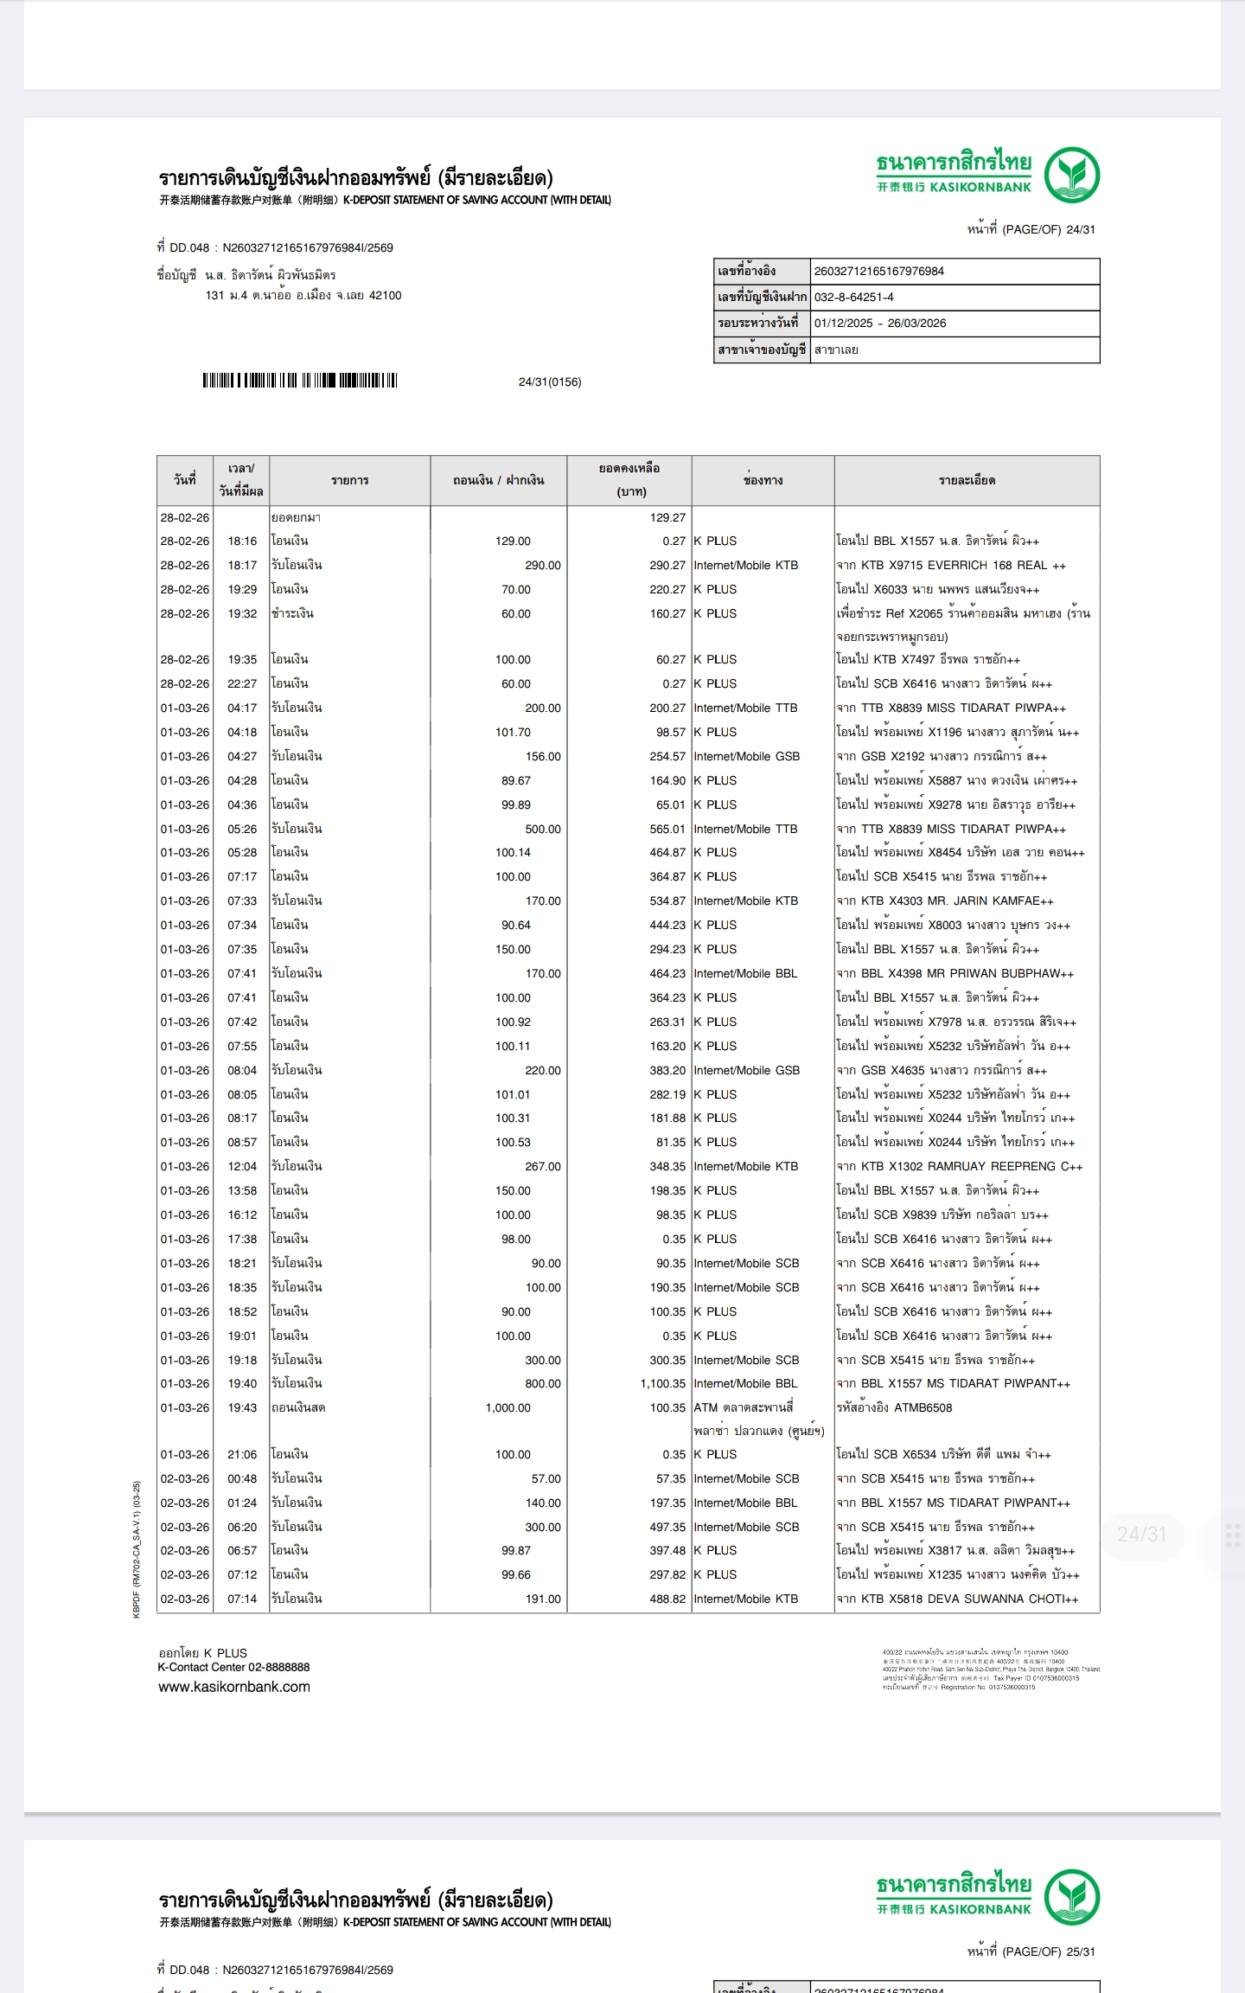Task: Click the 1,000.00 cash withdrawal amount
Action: [508, 1407]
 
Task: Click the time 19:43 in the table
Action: [242, 1407]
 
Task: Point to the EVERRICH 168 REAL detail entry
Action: [950, 565]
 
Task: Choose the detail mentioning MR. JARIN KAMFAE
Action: [944, 900]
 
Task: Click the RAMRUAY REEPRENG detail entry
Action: [959, 1166]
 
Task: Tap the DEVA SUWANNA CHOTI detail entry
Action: [956, 1599]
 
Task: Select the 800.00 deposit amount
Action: [542, 1383]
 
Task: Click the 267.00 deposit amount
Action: [542, 1166]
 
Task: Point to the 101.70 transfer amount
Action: [513, 732]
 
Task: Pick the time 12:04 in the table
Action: [242, 1166]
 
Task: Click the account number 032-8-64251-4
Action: [853, 297]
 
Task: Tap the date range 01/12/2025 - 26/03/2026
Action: [879, 323]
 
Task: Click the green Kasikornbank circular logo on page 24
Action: [1071, 175]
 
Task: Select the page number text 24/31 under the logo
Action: [1080, 229]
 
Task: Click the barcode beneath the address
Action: [299, 381]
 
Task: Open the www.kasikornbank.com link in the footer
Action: [233, 1686]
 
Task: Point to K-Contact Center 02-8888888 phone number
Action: [233, 1667]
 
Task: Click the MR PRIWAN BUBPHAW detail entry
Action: [954, 973]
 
